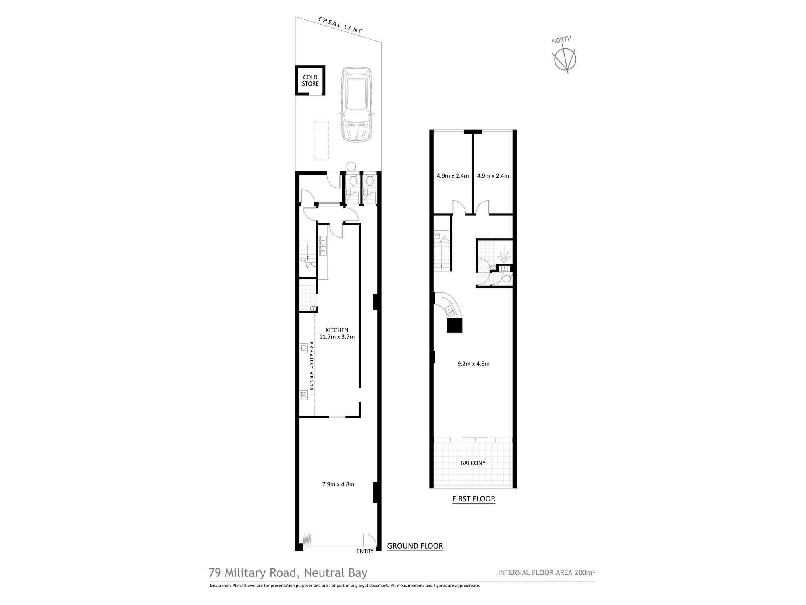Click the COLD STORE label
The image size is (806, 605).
coord(310,80)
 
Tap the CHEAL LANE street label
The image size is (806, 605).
coord(341,25)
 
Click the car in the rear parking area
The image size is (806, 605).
coord(356,104)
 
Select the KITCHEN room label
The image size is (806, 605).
coord(337,330)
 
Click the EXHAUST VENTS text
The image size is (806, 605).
coord(311,366)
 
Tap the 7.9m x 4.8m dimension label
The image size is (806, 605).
coord(338,484)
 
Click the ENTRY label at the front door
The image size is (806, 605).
coord(365,551)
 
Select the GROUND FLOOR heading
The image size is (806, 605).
coord(415,546)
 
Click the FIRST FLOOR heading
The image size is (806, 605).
coord(474,499)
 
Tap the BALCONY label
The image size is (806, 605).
coord(473,463)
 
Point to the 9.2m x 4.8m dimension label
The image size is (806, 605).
coord(474,364)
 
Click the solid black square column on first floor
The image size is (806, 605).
coord(454,325)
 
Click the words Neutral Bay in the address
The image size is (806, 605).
coord(336,573)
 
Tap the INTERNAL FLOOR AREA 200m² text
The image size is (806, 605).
coord(546,572)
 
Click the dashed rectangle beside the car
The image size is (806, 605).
coord(321,140)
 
